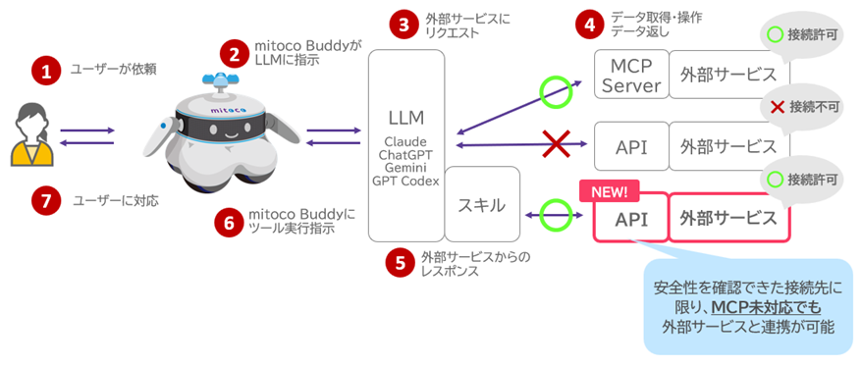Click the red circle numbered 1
(44, 70)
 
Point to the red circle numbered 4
(590, 25)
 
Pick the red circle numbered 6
(228, 222)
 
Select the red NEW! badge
(609, 188)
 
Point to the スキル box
(481, 204)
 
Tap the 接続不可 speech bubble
(796, 105)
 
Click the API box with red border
(630, 218)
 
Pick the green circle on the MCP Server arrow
(556, 93)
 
